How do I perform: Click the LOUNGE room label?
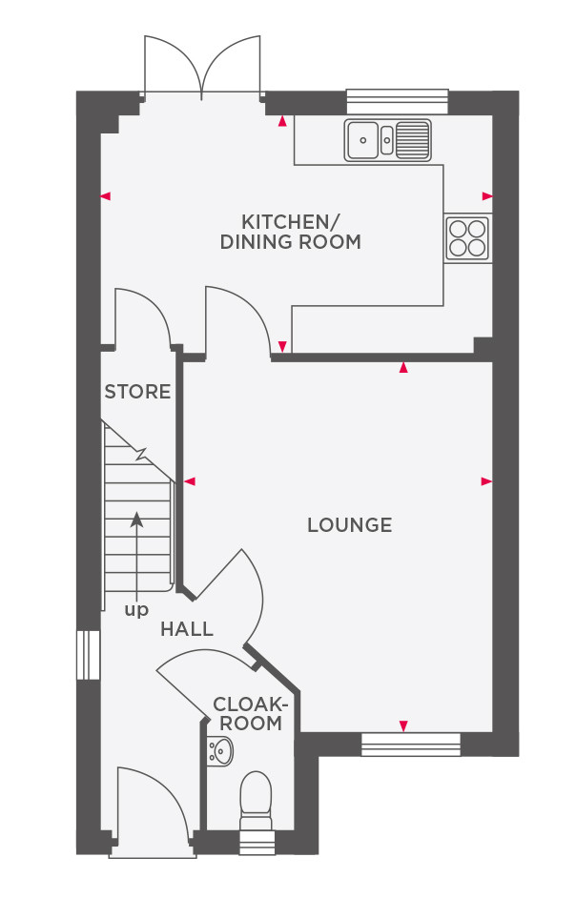350,524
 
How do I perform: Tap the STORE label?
137,392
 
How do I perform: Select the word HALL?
187,629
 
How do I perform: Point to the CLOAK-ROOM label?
250,713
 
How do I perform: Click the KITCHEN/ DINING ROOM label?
291,232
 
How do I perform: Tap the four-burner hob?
467,239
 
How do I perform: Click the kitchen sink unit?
387,140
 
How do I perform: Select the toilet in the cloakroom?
255,800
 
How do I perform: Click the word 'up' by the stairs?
136,610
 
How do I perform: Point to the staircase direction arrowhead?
136,519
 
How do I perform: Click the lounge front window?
410,744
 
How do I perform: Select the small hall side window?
89,655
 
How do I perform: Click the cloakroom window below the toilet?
256,843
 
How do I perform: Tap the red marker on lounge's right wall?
486,481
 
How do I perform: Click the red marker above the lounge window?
404,726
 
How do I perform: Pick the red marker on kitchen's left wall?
106,196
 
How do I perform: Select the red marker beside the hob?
487,196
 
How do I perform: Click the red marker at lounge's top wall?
404,368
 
